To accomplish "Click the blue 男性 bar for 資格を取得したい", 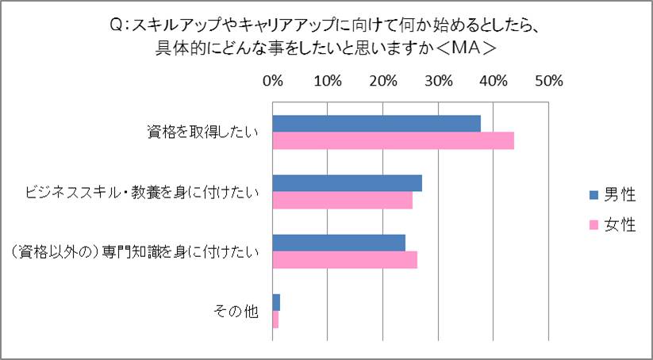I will (376, 124).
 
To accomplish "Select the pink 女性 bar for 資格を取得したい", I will (393, 140).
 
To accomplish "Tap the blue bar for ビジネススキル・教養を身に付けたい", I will (347, 183).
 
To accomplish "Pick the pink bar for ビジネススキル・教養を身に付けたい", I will (342, 201).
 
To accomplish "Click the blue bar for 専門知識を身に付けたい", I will (339, 243).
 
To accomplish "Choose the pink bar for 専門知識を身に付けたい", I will (344, 260).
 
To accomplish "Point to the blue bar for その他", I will (276, 302).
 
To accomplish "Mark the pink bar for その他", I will (275, 320).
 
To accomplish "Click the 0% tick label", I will (273, 81).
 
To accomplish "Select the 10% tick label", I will (328, 81).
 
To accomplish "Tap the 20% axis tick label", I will (383, 81).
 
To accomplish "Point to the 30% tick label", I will (438, 81).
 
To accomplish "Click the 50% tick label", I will (548, 81).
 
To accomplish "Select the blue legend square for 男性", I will (592, 194).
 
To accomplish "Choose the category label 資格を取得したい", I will (202, 132).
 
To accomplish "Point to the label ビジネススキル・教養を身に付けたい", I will (142, 192).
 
